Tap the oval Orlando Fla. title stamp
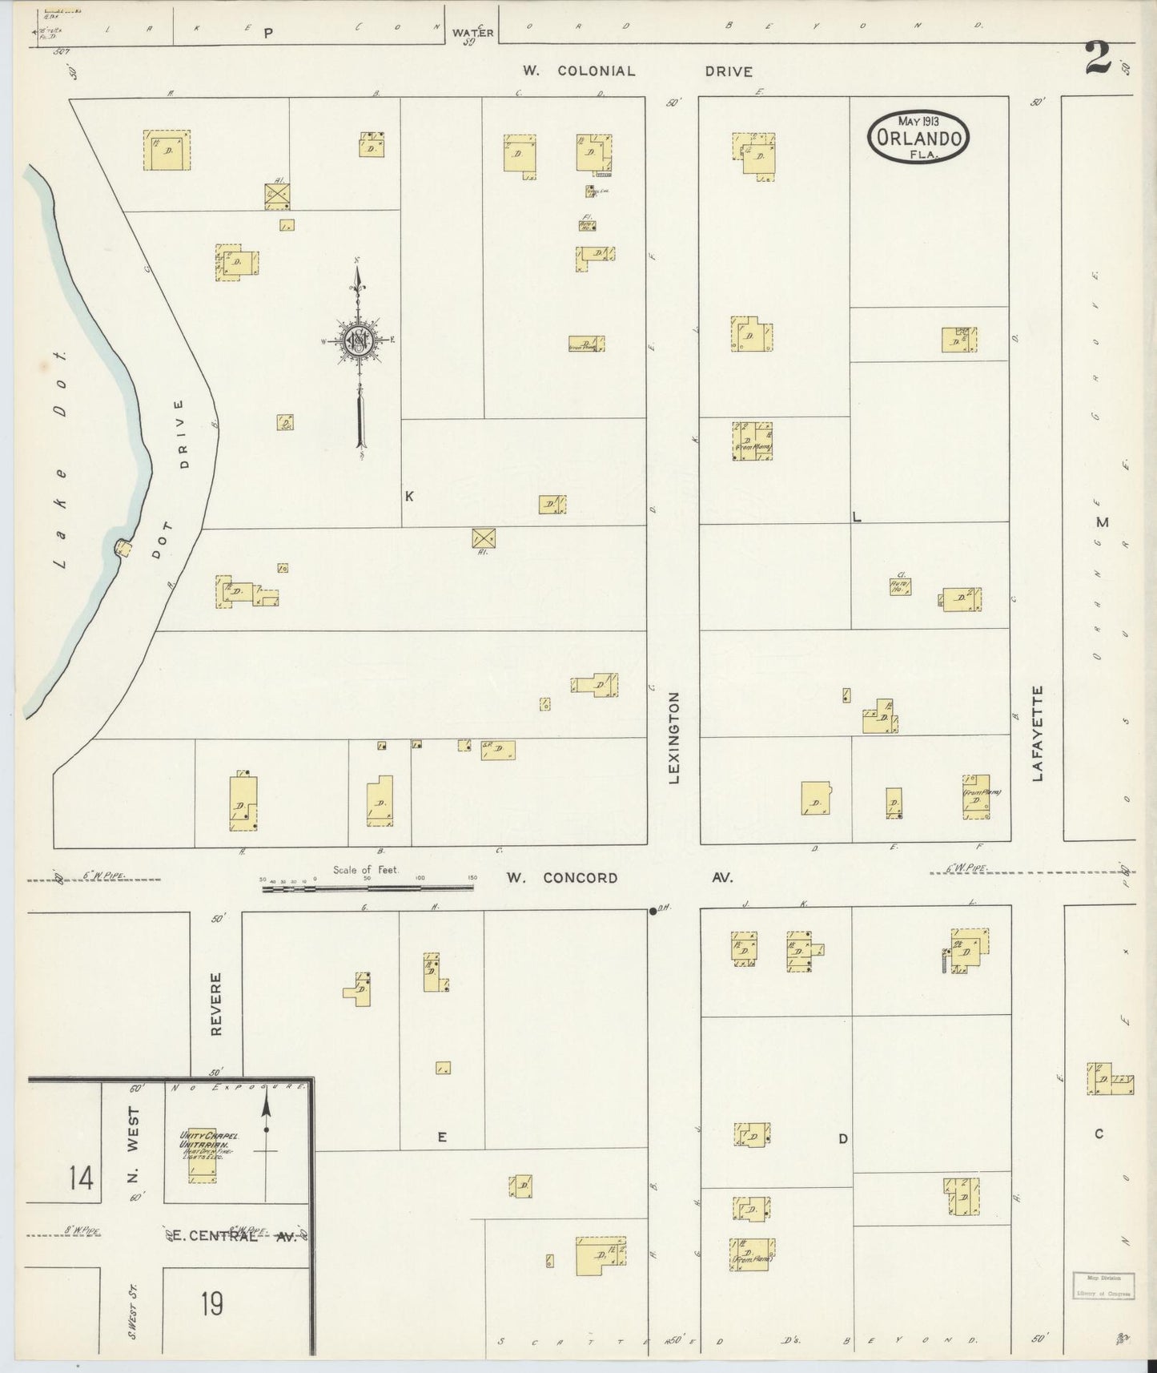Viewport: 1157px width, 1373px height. tap(918, 137)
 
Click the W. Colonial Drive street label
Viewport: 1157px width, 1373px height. tap(637, 71)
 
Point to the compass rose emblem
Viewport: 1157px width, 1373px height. tap(359, 340)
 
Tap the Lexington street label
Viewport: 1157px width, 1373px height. tap(674, 737)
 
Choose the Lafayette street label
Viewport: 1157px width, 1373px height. tap(1038, 732)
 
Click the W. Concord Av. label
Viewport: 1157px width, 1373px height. tap(619, 878)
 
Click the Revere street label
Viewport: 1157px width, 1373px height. tap(215, 1005)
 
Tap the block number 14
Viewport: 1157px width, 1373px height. tap(80, 1178)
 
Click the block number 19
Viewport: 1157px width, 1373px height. tap(212, 1305)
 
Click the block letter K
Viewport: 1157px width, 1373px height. tap(409, 497)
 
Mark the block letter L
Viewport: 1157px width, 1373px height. tap(856, 517)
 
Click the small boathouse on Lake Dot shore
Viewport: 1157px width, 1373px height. tap(123, 548)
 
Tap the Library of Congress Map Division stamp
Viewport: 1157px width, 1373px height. tap(1103, 1285)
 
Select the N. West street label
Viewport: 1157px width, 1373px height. tap(133, 1144)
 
